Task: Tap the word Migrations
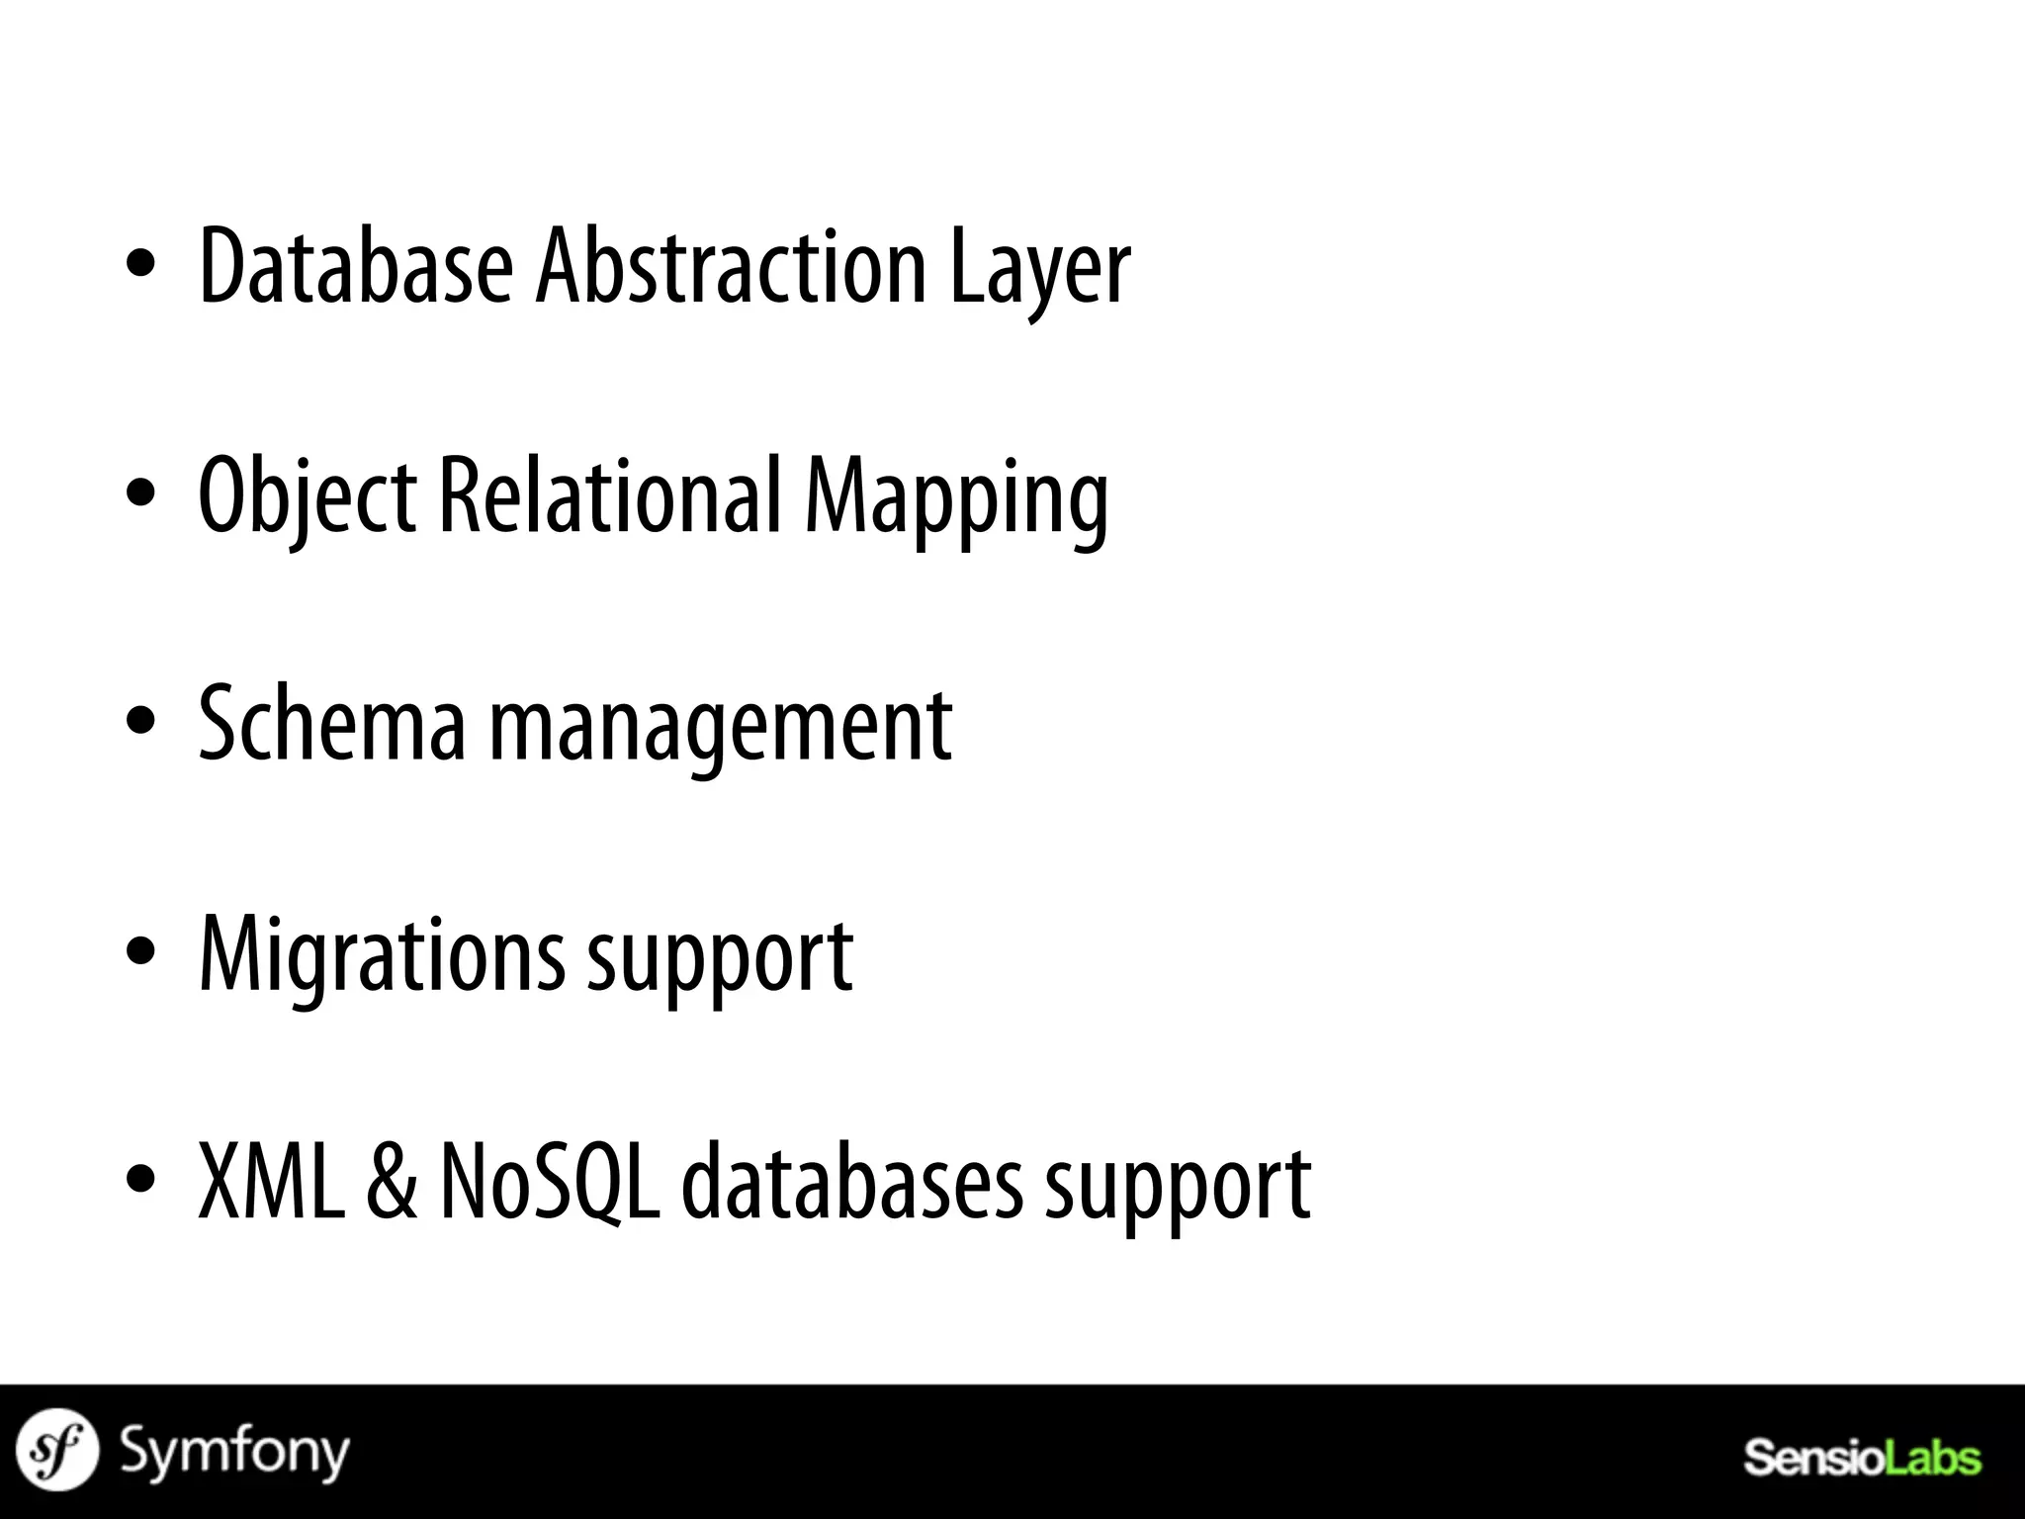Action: (383, 955)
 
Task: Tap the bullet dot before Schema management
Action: (141, 721)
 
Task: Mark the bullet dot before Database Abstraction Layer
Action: (141, 264)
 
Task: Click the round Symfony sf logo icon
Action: (58, 1450)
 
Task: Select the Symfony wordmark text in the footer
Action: (234, 1453)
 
